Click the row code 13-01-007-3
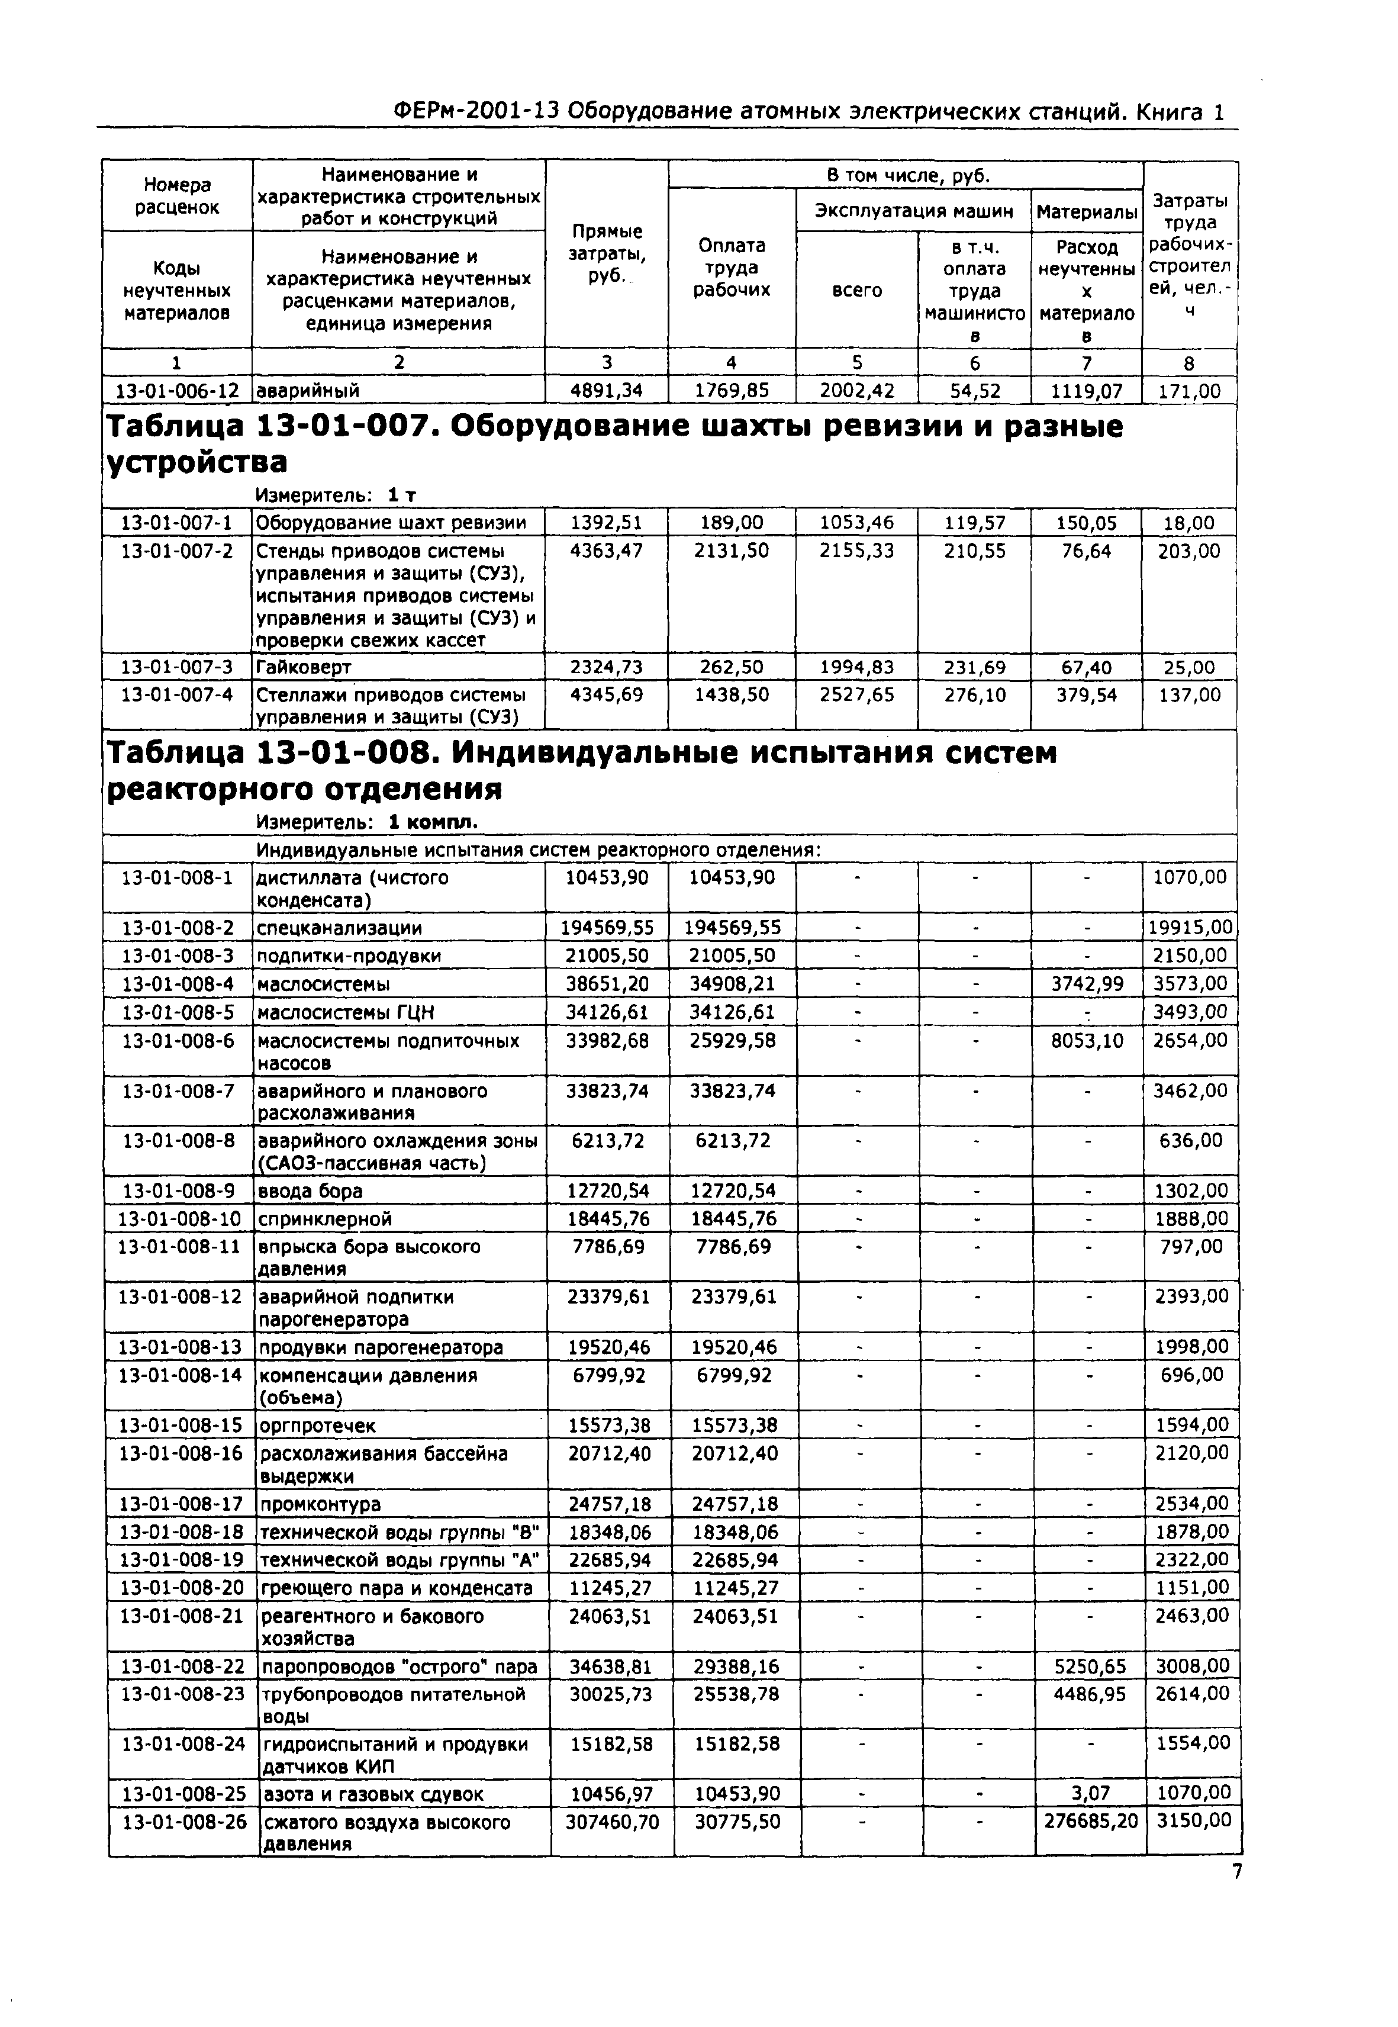[177, 668]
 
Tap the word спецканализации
[339, 928]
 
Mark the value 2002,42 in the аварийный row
[856, 391]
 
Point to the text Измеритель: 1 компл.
[367, 822]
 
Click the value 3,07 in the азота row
[1091, 1793]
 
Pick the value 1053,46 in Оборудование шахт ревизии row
[856, 523]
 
